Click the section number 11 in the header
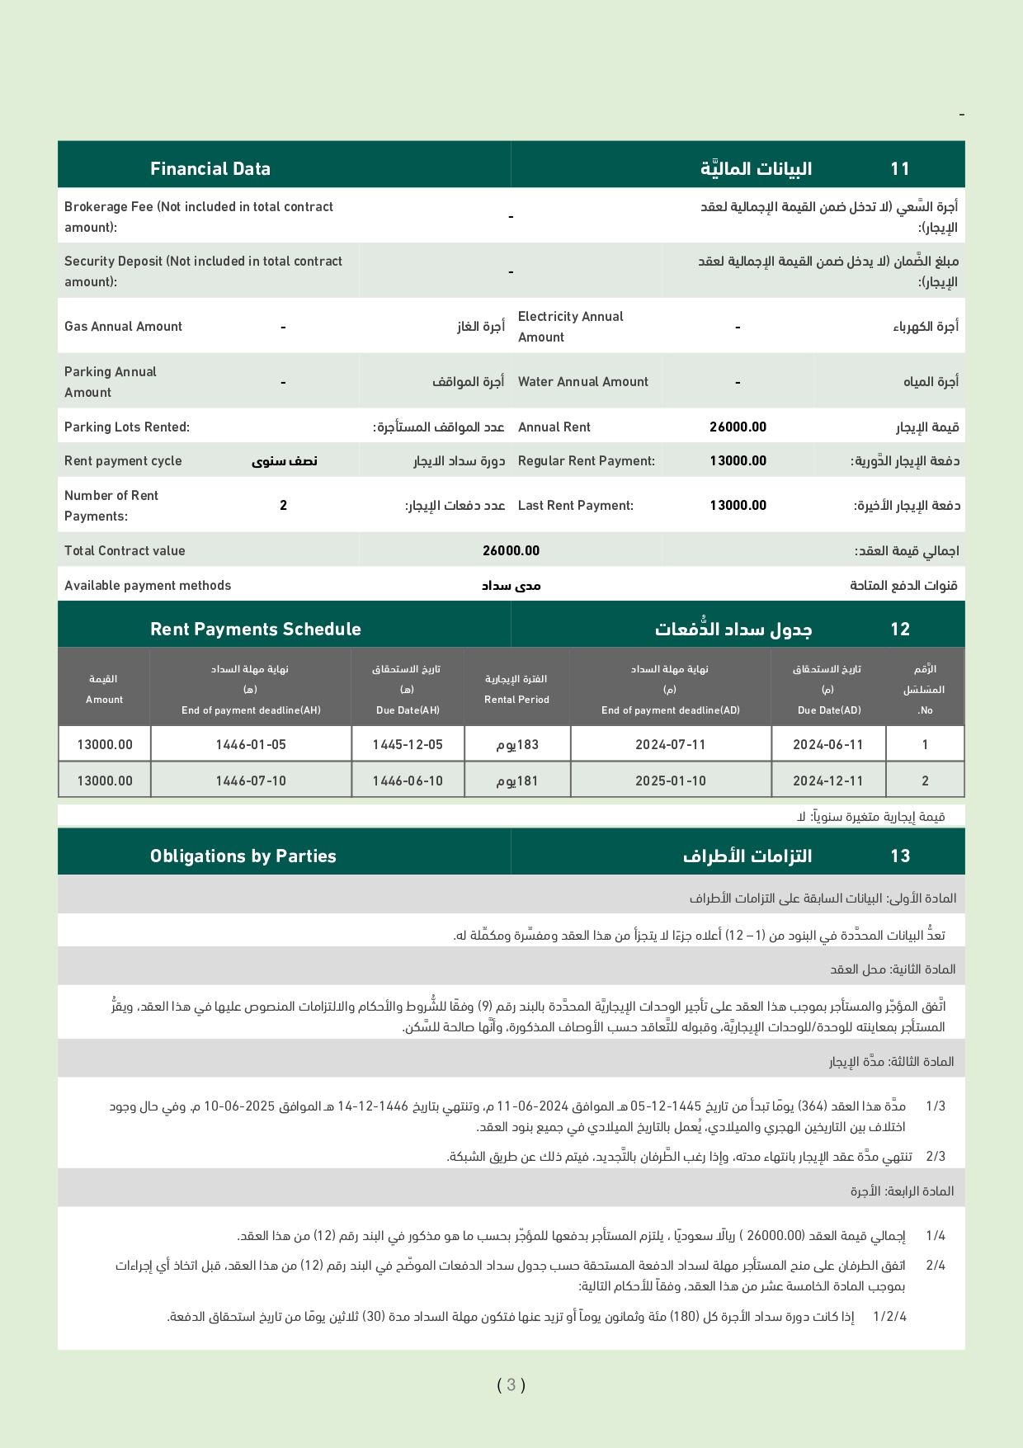(899, 169)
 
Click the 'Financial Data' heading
(210, 169)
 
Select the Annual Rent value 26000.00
(738, 427)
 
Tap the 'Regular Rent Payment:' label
(587, 461)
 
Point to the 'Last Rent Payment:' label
(576, 506)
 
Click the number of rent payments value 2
(283, 506)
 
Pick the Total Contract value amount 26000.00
(511, 551)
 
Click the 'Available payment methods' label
(148, 586)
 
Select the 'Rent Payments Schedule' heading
(256, 630)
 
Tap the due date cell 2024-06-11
(827, 745)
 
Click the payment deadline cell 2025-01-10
(670, 781)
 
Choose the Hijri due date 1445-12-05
(408, 745)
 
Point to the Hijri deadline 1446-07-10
(251, 781)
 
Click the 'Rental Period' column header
(516, 700)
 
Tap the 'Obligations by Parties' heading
(243, 856)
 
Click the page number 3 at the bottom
(511, 1385)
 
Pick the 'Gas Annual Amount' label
(124, 327)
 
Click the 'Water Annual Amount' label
(583, 382)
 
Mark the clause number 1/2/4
(889, 1317)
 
